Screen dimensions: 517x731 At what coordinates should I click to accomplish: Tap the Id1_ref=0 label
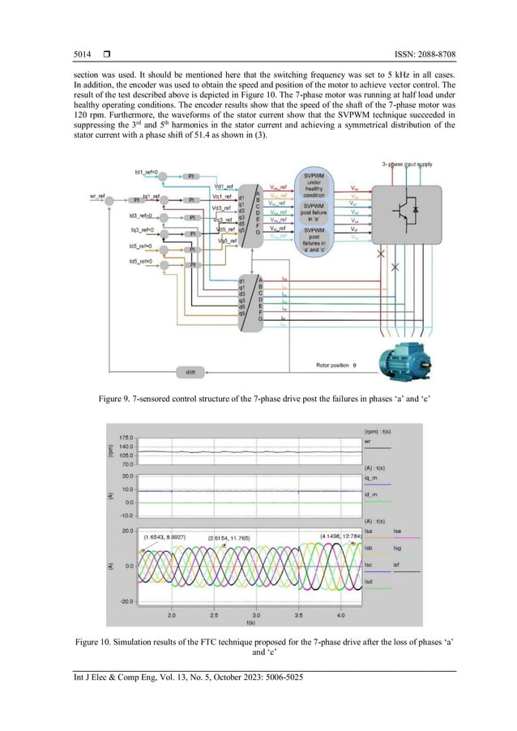click(147, 173)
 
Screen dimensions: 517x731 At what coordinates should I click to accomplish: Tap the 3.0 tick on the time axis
click(256, 616)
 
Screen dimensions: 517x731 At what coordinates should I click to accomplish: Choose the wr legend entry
click(368, 442)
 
